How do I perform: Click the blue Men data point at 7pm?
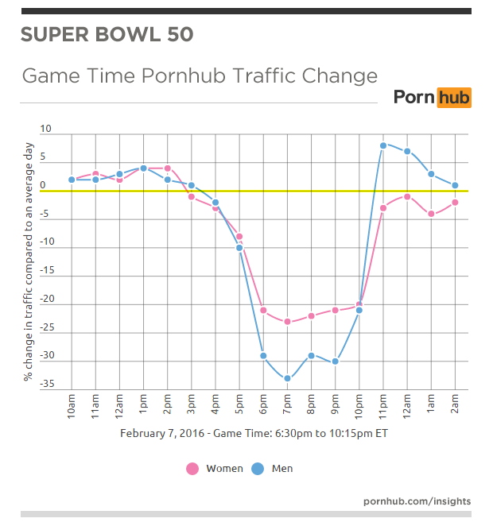point(287,378)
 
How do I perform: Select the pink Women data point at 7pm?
point(287,322)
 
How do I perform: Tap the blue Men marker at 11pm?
point(382,145)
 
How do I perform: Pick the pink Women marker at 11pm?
point(382,208)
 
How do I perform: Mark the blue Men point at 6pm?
point(263,355)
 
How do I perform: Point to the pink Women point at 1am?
point(430,214)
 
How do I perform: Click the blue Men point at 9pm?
point(335,362)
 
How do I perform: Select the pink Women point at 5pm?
point(239,237)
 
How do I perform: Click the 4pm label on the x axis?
point(215,407)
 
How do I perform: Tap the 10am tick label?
point(72,407)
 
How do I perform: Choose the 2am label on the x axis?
point(454,407)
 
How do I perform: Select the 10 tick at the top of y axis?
point(46,129)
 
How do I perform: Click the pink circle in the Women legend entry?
point(192,469)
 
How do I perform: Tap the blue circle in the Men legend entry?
point(258,469)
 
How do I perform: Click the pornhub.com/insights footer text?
point(417,501)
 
